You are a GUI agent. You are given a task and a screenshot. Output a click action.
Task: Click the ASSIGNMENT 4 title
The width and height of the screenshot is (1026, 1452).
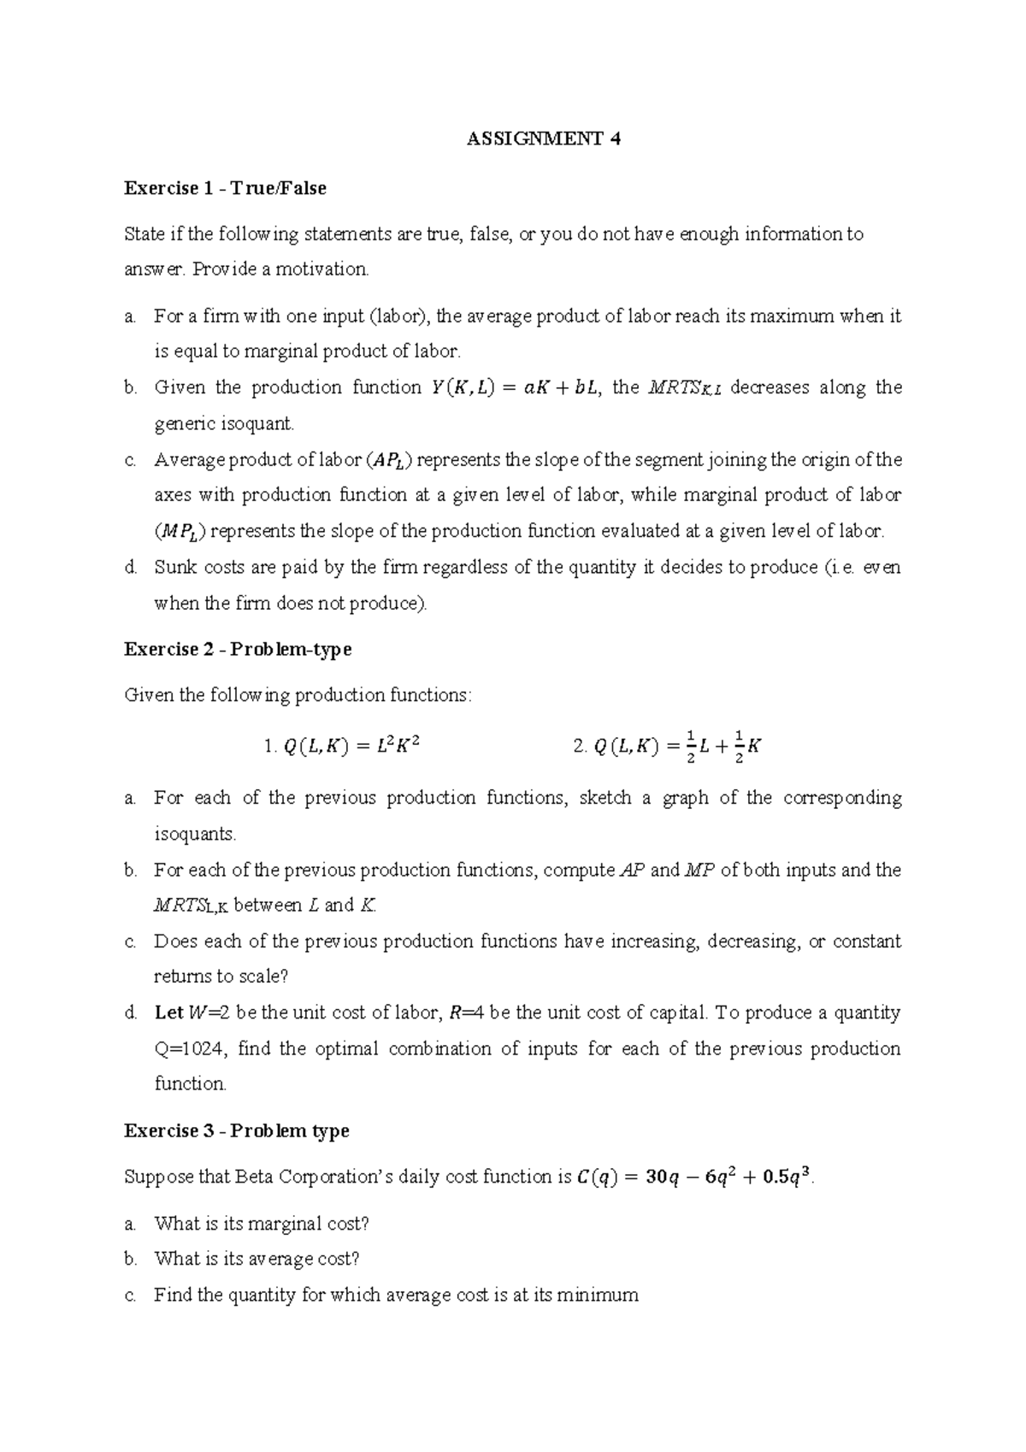tap(543, 140)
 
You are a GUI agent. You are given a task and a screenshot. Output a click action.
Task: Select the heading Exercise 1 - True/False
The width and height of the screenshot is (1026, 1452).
tap(225, 188)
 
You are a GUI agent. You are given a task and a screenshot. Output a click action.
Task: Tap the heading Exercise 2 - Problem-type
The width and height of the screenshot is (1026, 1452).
tap(238, 649)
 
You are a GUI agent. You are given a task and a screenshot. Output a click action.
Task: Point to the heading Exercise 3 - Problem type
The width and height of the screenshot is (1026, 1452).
tap(236, 1130)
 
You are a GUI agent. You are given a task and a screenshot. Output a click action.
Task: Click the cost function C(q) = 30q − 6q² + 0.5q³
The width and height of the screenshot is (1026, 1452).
tap(696, 1178)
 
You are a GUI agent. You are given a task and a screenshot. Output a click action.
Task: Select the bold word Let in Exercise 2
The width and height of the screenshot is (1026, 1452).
tap(168, 1013)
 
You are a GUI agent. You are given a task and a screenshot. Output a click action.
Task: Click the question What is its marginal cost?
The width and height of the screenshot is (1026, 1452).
tap(262, 1224)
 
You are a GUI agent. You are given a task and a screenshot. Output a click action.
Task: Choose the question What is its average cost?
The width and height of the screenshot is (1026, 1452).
tap(256, 1260)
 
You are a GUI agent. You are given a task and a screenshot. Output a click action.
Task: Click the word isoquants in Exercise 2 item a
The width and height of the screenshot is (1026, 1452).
tap(193, 834)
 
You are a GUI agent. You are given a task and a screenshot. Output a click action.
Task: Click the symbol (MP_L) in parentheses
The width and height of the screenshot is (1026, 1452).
tap(180, 533)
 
